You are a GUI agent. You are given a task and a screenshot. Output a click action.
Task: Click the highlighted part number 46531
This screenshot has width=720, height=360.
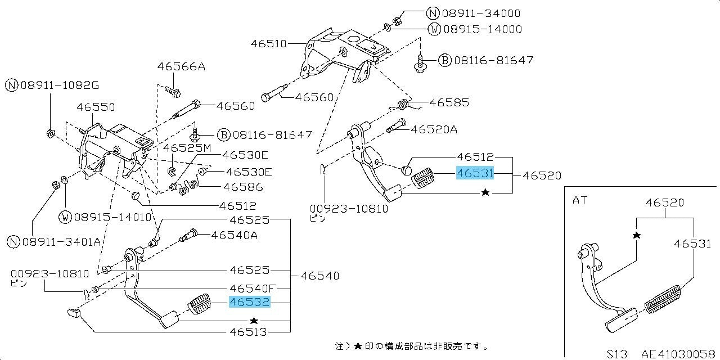(475, 174)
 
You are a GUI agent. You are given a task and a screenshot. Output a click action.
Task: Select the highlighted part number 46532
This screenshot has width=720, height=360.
(250, 303)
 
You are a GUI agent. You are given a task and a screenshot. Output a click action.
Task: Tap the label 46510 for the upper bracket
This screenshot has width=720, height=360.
(269, 43)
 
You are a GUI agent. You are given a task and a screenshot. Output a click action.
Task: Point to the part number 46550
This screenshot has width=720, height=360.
(96, 106)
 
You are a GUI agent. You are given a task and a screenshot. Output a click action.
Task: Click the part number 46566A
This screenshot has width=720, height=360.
(181, 67)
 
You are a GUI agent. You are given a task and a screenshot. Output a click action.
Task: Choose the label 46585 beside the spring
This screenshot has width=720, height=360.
(449, 103)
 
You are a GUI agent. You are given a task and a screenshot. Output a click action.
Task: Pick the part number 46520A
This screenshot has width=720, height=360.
(434, 129)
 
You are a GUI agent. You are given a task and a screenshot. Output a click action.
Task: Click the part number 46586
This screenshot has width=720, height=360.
(243, 186)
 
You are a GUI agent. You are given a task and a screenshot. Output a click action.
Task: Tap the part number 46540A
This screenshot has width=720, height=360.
(235, 235)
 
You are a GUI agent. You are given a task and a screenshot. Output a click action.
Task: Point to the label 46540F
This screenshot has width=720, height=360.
(252, 289)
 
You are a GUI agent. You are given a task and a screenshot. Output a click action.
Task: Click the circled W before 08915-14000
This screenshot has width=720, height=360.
(434, 29)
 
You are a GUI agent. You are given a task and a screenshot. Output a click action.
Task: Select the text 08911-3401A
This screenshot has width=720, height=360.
(61, 242)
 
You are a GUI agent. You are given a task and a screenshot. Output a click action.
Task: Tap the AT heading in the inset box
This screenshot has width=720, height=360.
(579, 200)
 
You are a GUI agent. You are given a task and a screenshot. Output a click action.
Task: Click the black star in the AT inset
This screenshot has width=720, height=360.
(636, 235)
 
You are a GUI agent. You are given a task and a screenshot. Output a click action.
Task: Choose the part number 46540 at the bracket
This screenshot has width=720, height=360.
(319, 276)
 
